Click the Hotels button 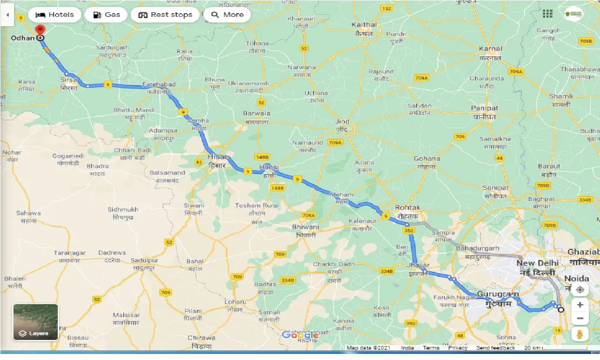pyautogui.click(x=55, y=15)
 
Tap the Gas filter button pyautogui.click(x=106, y=15)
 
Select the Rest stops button pyautogui.click(x=165, y=15)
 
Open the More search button pyautogui.click(x=227, y=15)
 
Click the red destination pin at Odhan pyautogui.click(x=40, y=30)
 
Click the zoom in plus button pyautogui.click(x=580, y=305)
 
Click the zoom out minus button pyautogui.click(x=580, y=319)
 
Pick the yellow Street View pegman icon pyautogui.click(x=580, y=334)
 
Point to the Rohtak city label pyautogui.click(x=408, y=207)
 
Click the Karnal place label pyautogui.click(x=490, y=48)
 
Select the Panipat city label pyautogui.click(x=484, y=108)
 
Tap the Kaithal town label pyautogui.click(x=364, y=24)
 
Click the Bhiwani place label pyautogui.click(x=305, y=227)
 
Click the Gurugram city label pyautogui.click(x=498, y=295)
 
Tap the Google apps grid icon pyautogui.click(x=547, y=14)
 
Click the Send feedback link pyautogui.click(x=495, y=348)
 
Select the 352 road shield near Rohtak pyautogui.click(x=408, y=230)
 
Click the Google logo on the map pyautogui.click(x=300, y=335)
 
